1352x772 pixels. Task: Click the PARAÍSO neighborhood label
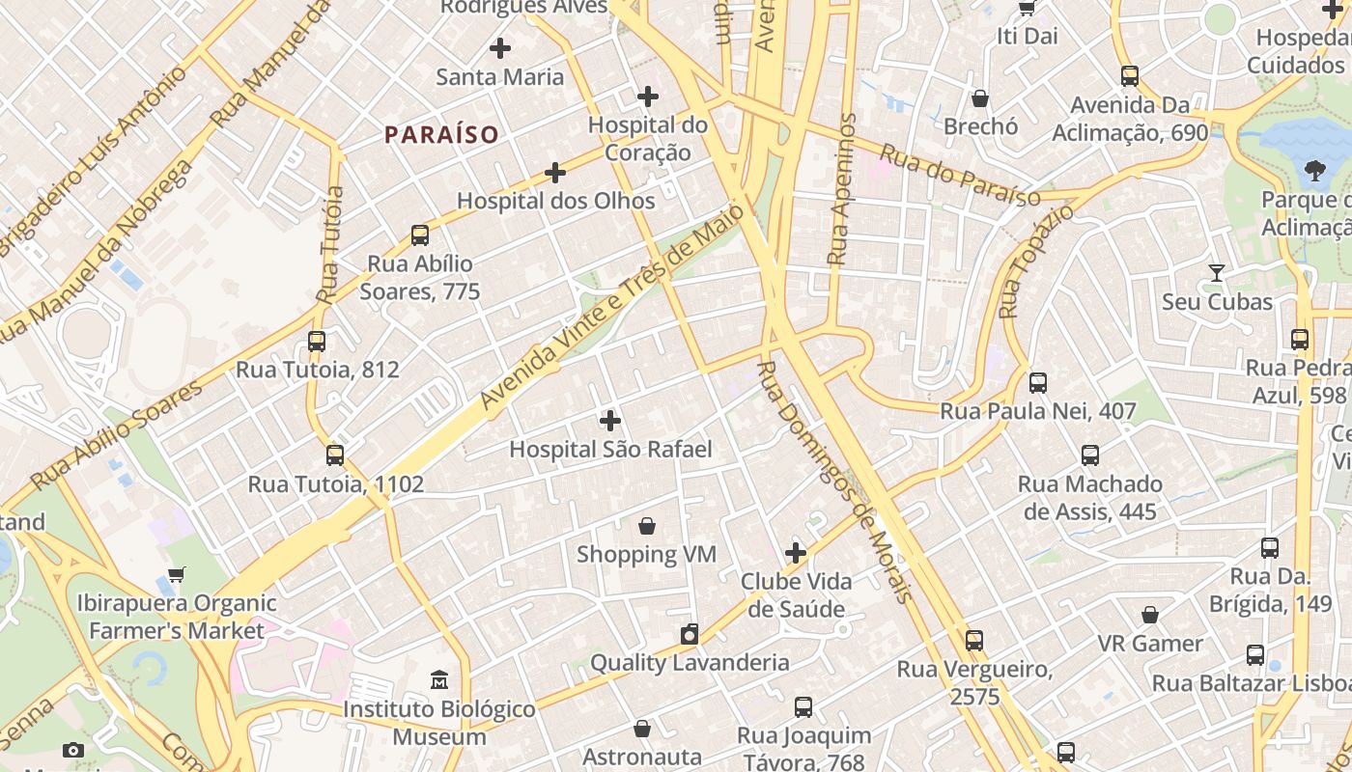(441, 135)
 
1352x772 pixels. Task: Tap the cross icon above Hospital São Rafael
(610, 421)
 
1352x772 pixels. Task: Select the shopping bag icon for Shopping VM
(647, 526)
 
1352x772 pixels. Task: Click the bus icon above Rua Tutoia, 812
(317, 341)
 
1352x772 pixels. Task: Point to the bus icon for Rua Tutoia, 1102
(335, 455)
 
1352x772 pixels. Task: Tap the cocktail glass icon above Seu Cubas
(1217, 273)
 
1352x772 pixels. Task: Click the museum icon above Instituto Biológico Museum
(440, 680)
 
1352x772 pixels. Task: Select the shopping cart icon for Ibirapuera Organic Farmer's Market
(177, 575)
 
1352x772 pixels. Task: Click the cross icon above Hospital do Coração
(648, 96)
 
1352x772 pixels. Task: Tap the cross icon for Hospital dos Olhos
(555, 173)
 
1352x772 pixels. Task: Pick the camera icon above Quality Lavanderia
(690, 634)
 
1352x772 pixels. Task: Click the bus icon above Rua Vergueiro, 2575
(974, 640)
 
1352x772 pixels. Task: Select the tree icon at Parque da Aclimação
(1314, 172)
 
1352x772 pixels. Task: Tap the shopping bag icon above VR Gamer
(1150, 615)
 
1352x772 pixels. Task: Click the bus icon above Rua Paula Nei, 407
(1038, 383)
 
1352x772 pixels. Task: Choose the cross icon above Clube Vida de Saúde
(796, 553)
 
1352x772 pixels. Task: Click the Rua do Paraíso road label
(960, 176)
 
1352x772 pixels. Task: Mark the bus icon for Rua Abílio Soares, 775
(420, 234)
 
